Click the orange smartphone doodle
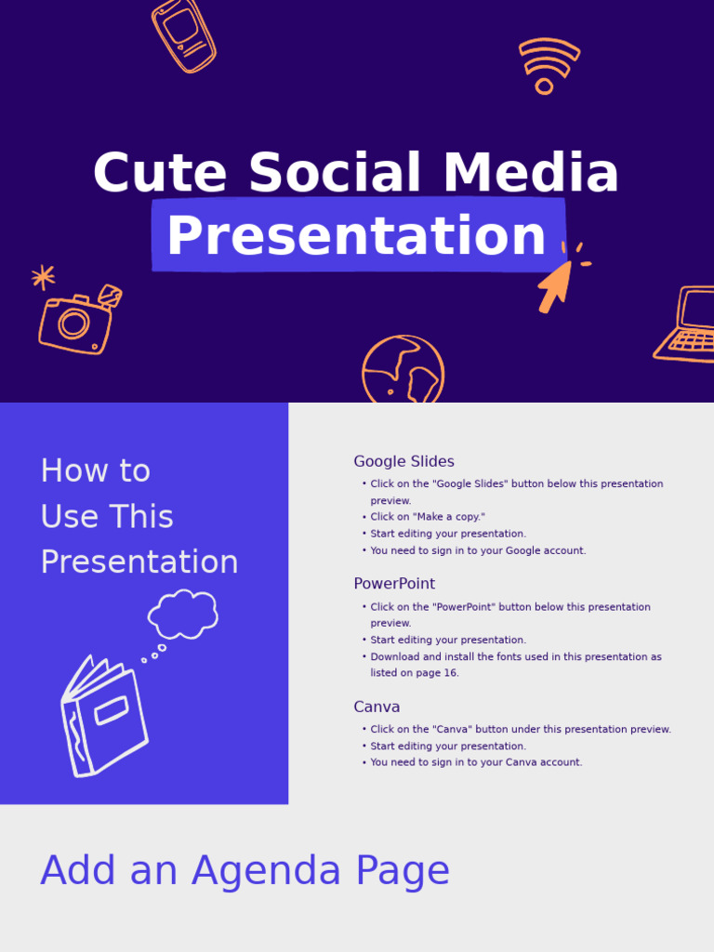pyautogui.click(x=184, y=36)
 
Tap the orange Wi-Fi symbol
pyautogui.click(x=549, y=66)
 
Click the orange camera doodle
pyautogui.click(x=80, y=320)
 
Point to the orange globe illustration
pyautogui.click(x=403, y=369)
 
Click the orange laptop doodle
pyautogui.click(x=685, y=324)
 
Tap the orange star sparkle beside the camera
pyautogui.click(x=43, y=277)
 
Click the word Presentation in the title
pyautogui.click(x=356, y=235)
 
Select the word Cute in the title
pyautogui.click(x=160, y=172)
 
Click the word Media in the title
pyautogui.click(x=531, y=172)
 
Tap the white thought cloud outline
pyautogui.click(x=183, y=614)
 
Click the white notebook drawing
pyautogui.click(x=104, y=717)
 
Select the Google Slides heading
pyautogui.click(x=403, y=461)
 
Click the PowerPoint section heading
pyautogui.click(x=394, y=584)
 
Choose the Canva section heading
pyautogui.click(x=377, y=707)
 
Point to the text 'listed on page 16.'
pyautogui.click(x=414, y=673)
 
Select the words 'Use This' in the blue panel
pyautogui.click(x=107, y=517)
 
